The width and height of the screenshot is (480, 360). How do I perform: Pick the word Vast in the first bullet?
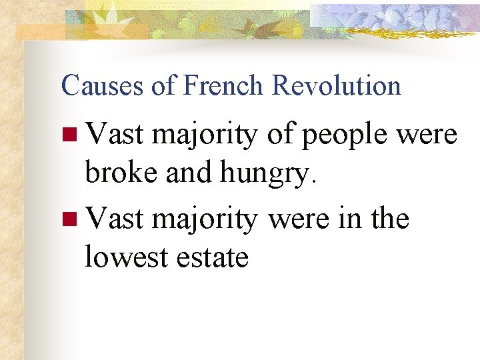click(x=115, y=135)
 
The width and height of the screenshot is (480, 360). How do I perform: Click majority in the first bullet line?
click(x=204, y=136)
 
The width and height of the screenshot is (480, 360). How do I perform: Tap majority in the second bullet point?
click(x=204, y=219)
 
